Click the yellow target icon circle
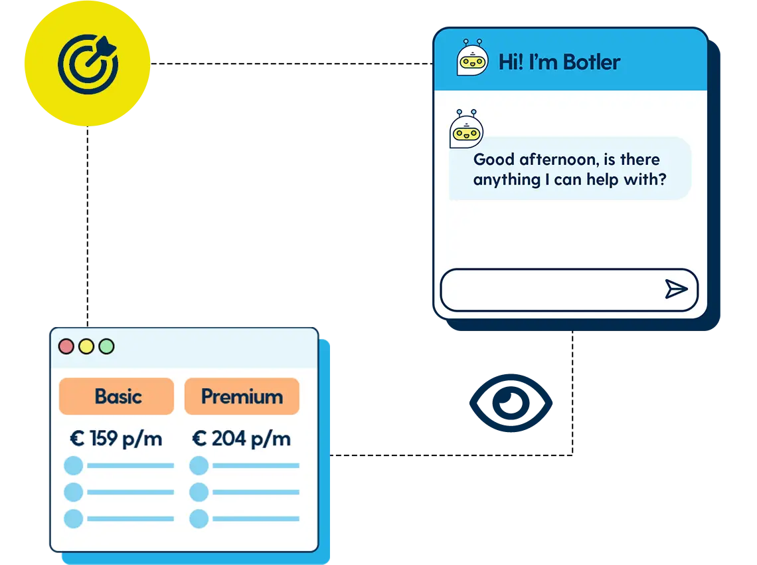coord(87,64)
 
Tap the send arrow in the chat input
coord(676,289)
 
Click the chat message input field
coord(551,290)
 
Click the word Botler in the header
coord(592,62)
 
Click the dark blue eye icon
coord(510,403)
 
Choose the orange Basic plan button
coord(117,396)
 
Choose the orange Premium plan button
coord(242,396)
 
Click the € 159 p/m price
coord(116,439)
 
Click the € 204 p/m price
coord(242,439)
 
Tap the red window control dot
coord(66,346)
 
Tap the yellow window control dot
coord(86,346)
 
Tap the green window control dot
coord(106,346)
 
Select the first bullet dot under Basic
coord(73,465)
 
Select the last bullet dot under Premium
coord(199,518)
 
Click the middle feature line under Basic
coord(130,493)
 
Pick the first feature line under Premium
coord(256,466)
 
